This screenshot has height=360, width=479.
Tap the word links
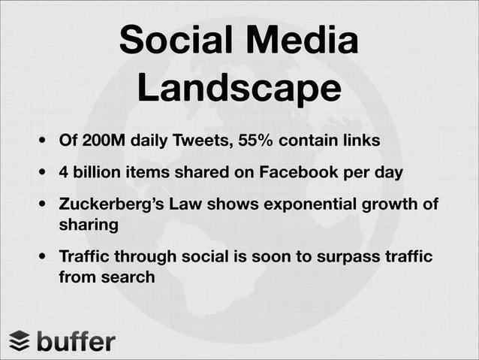[x=360, y=141]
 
